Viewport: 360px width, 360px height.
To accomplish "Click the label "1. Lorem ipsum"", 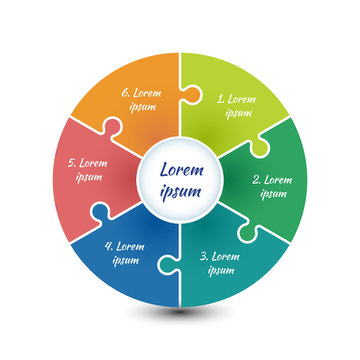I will [236, 106].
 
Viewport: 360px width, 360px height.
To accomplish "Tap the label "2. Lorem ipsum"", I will [270, 187].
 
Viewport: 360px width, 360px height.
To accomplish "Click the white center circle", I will [180, 180].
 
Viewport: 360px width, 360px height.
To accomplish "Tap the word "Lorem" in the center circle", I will [180, 170].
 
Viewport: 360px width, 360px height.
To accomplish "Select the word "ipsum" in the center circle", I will [180, 191].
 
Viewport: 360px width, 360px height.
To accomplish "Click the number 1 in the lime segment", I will [220, 100].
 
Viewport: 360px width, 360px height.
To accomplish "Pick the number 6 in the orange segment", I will [125, 93].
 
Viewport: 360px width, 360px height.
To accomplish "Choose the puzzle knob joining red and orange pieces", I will [111, 131].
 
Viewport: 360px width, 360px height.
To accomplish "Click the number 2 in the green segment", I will [255, 181].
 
